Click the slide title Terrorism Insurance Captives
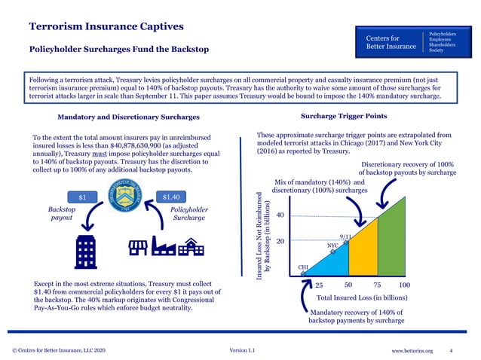point(106,27)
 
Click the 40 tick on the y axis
point(279,215)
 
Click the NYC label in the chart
point(332,246)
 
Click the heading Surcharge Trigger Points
point(344,117)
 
